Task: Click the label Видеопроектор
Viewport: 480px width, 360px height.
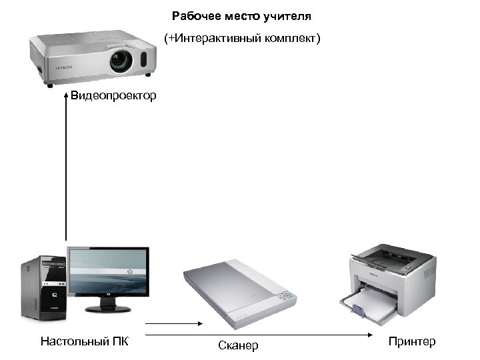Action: [x=114, y=96]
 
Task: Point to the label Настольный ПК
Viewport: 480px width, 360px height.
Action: [x=84, y=341]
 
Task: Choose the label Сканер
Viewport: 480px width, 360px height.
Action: [x=238, y=345]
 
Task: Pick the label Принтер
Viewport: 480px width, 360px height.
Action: [x=411, y=341]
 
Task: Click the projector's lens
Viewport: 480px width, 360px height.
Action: [x=121, y=61]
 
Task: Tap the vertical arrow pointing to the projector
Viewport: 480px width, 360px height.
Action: [x=66, y=167]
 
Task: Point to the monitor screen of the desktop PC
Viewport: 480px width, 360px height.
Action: [x=108, y=272]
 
